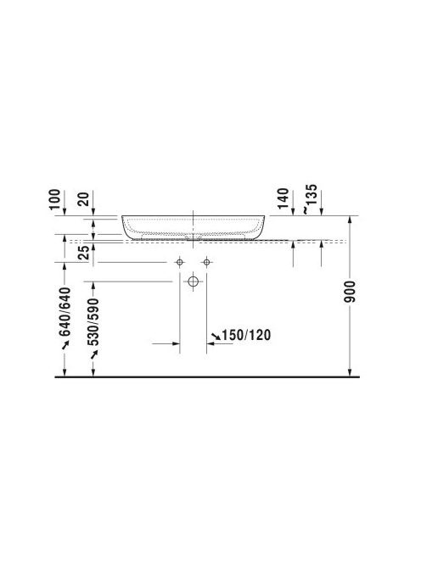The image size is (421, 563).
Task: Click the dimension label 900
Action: coord(350,291)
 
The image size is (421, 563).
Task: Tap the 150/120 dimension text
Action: coord(246,335)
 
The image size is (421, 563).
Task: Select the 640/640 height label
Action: coord(65,311)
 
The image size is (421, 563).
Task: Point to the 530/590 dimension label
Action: coord(93,321)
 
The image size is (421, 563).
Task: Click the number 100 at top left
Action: coord(54,199)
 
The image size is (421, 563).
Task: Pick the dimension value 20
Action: coord(83,199)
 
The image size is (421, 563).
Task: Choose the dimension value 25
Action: coord(83,253)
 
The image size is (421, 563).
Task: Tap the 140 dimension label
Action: coord(283,198)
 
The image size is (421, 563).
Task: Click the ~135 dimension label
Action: coord(311,199)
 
